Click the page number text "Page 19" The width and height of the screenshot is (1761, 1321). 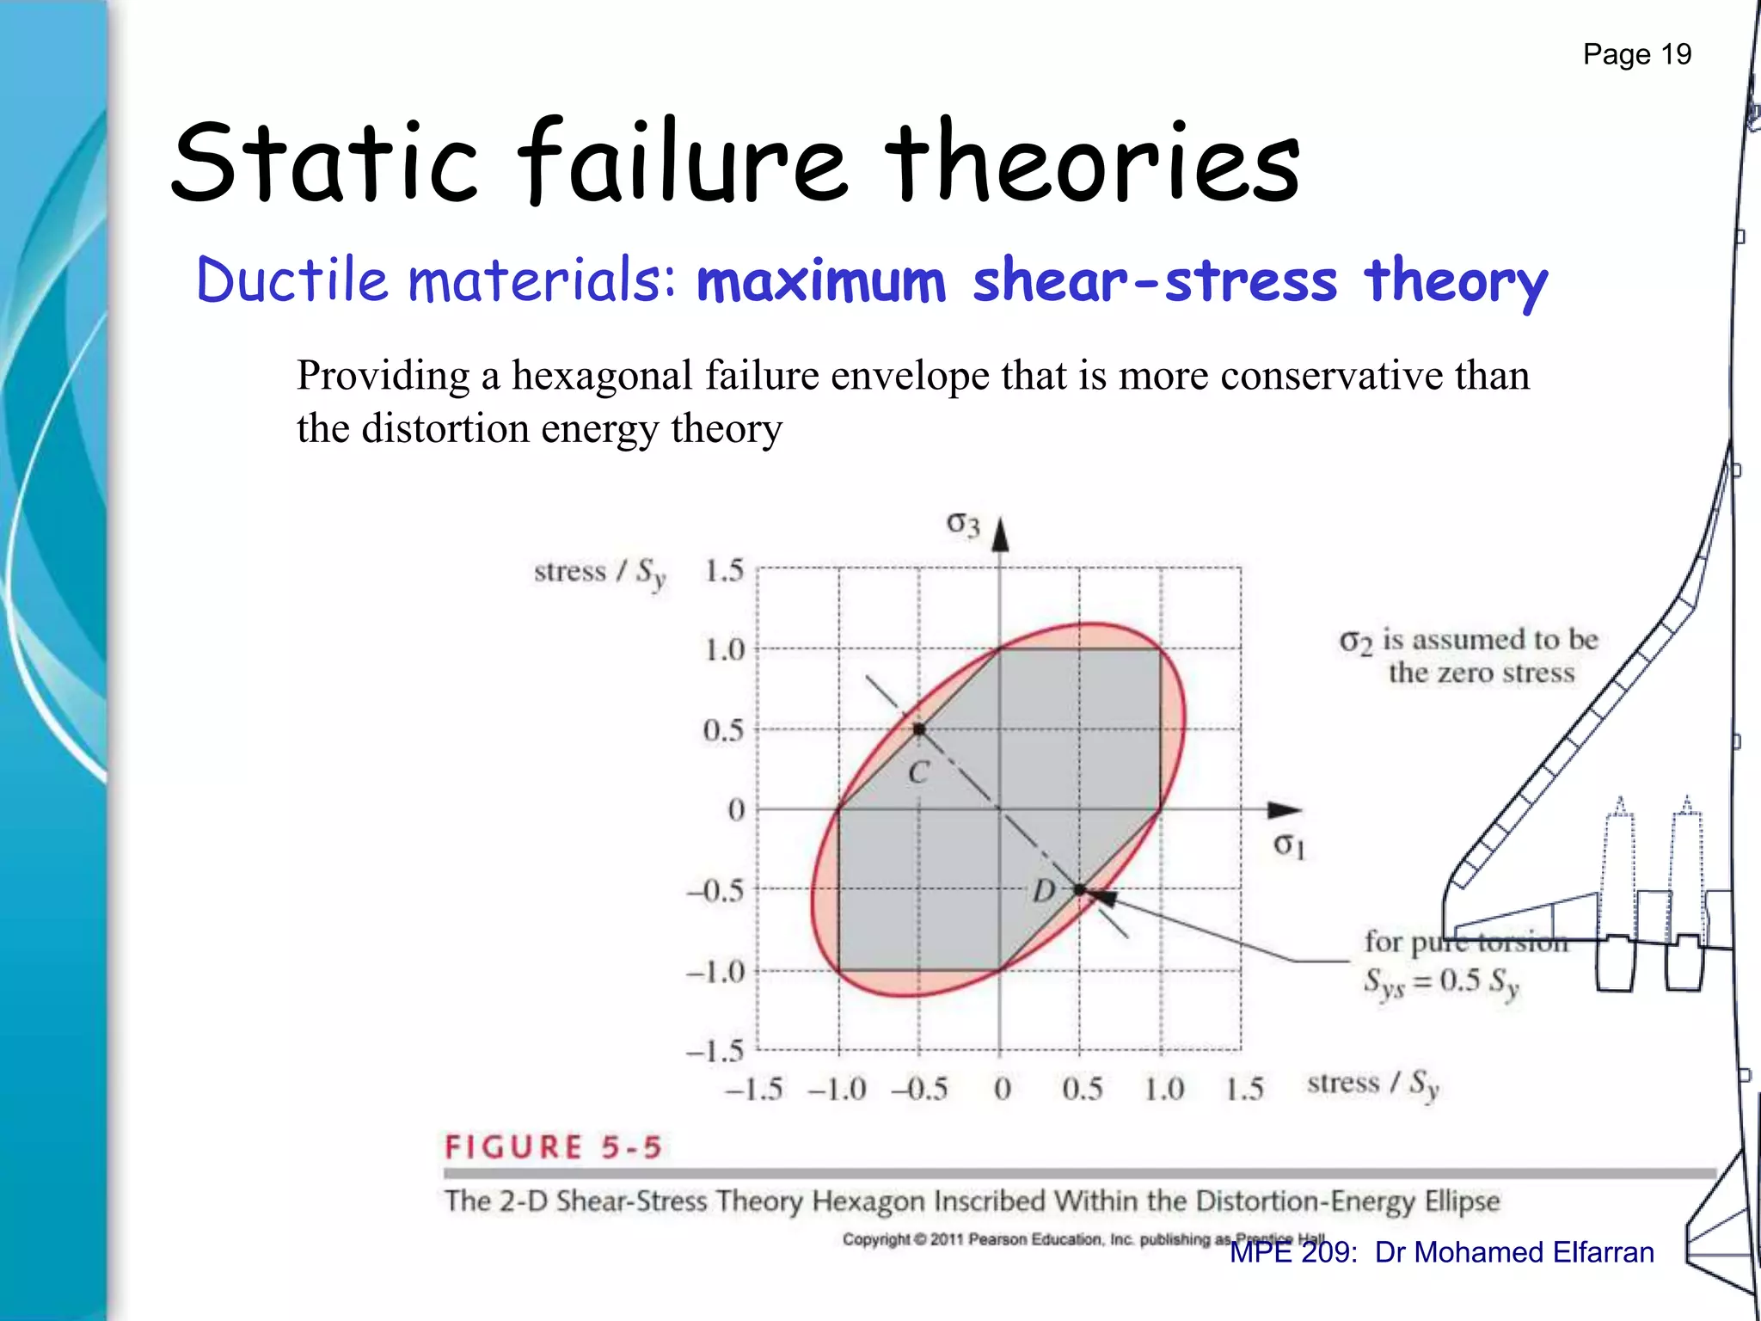tap(1636, 54)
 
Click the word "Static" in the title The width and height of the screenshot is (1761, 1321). tap(324, 163)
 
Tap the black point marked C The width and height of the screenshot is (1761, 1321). tap(919, 729)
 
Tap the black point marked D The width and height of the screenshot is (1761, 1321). tap(1080, 889)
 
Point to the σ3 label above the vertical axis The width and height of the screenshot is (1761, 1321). tap(963, 523)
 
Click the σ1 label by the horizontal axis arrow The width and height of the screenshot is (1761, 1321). tap(1289, 845)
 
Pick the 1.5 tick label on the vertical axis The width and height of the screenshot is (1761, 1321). tap(724, 571)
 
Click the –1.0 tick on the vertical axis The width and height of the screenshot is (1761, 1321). tap(715, 972)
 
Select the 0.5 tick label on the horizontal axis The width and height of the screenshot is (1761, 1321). tap(1082, 1090)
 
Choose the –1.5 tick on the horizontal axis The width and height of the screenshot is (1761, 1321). tap(754, 1090)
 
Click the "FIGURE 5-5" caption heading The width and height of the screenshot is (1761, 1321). tap(553, 1147)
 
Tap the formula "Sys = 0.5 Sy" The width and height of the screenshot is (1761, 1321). tap(1441, 982)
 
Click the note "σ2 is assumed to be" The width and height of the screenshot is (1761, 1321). tap(1469, 640)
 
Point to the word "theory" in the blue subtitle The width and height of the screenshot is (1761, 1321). tap(1456, 282)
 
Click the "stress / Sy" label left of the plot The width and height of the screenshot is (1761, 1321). tap(599, 573)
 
